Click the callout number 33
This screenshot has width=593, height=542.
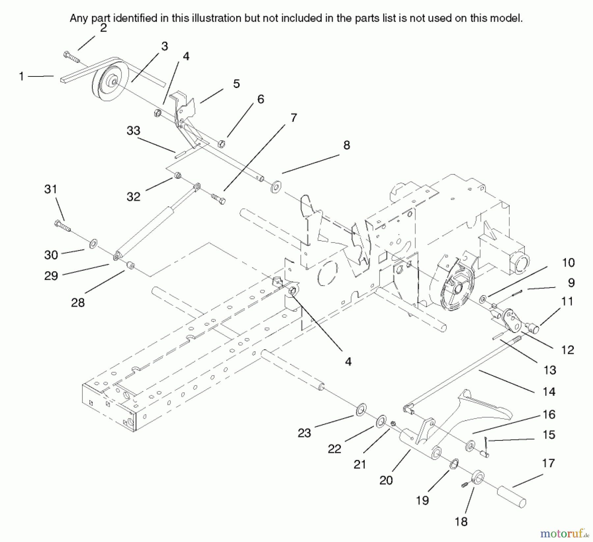133,131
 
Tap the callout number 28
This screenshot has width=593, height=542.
78,302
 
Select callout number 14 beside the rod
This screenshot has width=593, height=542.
549,392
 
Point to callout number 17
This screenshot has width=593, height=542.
549,463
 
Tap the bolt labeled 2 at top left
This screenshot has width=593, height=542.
71,57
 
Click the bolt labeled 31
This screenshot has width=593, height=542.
62,226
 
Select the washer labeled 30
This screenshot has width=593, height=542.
93,244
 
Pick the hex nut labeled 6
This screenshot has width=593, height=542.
222,144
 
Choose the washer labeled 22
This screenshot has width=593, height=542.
381,421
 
